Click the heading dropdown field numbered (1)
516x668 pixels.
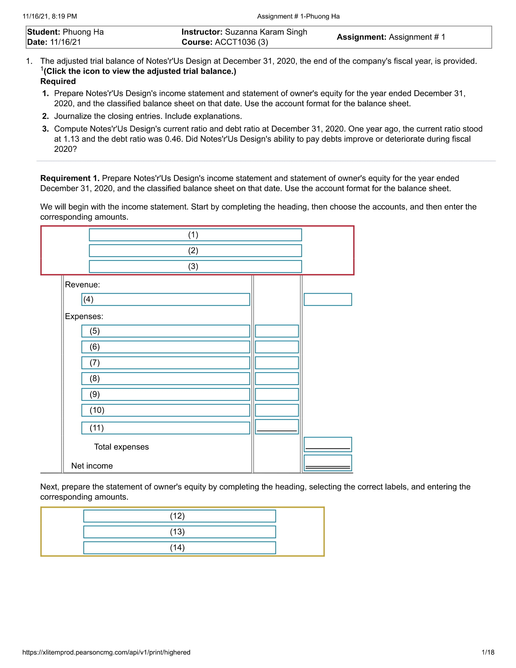(195, 235)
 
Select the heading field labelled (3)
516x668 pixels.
(195, 266)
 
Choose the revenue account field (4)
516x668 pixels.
(165, 299)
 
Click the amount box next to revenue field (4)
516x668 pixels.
(328, 299)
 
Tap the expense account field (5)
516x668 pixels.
(165, 331)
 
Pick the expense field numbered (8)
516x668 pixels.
(165, 379)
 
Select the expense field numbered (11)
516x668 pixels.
(165, 428)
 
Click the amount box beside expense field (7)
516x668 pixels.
(277, 363)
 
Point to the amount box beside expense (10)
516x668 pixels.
(277, 410)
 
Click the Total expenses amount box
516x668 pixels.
(328, 445)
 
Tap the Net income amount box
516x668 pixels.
(328, 463)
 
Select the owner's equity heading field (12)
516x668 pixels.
(179, 516)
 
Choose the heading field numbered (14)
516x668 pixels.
(179, 548)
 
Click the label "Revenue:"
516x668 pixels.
(82, 285)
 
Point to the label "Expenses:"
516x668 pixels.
(84, 316)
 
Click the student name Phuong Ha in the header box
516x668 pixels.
(83, 32)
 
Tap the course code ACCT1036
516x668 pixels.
(235, 42)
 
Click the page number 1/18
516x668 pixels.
(488, 653)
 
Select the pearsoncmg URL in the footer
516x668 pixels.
(106, 653)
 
